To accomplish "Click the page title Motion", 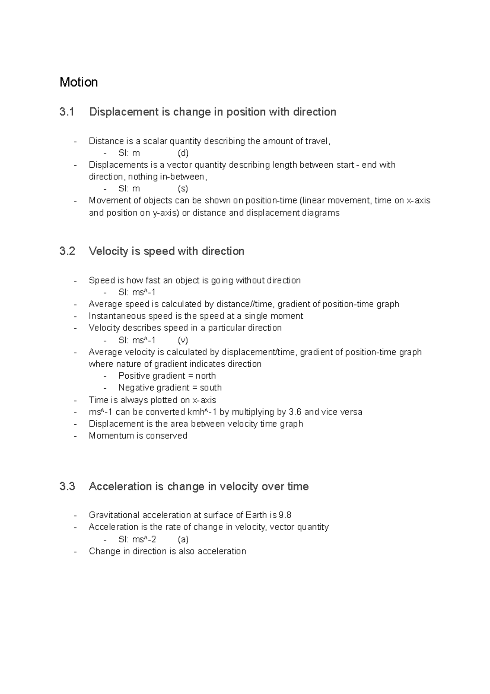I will point(78,82).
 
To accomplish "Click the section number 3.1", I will point(67,112).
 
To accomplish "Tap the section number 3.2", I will point(67,251).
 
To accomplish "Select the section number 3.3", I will point(67,486).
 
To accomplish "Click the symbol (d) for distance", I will point(183,153).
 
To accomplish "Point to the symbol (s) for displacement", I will point(183,188).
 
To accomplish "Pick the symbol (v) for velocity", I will point(183,340).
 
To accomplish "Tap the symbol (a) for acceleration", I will point(183,539).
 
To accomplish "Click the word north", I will point(205,376).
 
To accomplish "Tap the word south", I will point(211,388).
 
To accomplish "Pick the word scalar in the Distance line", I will point(155,141).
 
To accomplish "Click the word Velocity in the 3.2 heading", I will point(108,251).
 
